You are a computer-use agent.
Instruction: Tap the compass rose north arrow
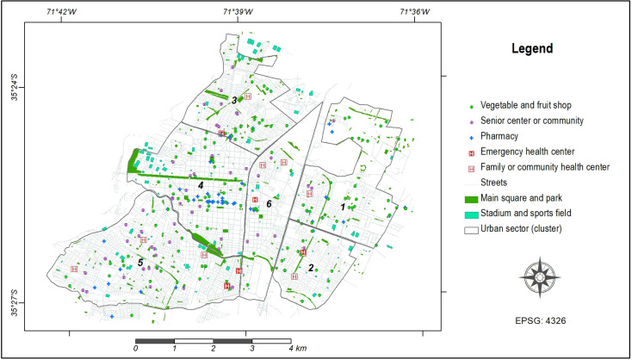(x=539, y=276)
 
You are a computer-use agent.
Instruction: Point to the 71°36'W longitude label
(x=414, y=11)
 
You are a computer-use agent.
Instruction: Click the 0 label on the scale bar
(x=136, y=349)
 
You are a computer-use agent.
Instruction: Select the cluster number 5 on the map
(x=139, y=262)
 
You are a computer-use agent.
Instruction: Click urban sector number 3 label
(x=233, y=101)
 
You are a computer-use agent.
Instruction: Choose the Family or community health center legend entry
(x=545, y=167)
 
